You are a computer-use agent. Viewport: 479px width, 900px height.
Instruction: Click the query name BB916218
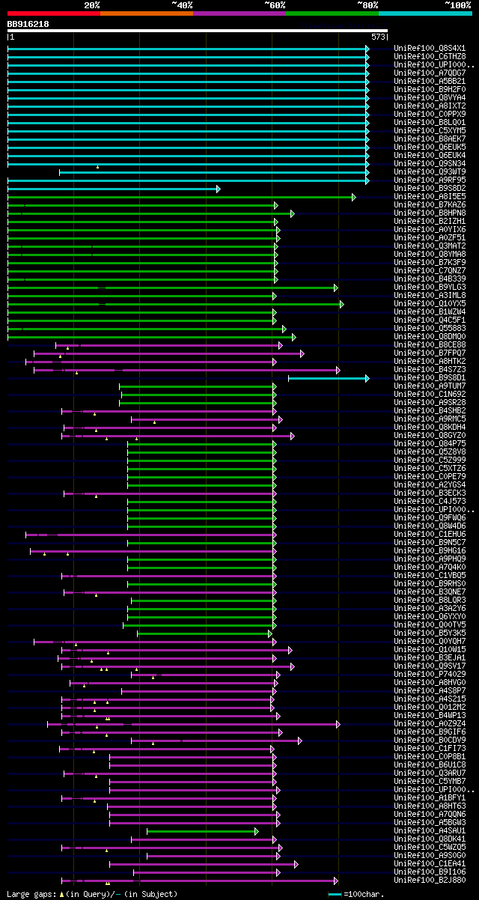tap(28, 24)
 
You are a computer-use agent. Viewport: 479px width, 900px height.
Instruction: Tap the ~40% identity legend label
tap(182, 5)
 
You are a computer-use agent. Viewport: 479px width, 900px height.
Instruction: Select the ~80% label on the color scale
tap(367, 5)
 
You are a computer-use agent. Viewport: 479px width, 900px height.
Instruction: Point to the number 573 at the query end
tap(378, 36)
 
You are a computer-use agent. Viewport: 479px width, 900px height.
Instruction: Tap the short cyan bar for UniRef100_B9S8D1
tap(327, 378)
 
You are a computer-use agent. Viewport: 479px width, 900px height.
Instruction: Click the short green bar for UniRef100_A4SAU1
tap(201, 831)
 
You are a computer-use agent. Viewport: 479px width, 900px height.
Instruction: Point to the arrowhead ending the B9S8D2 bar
tap(218, 189)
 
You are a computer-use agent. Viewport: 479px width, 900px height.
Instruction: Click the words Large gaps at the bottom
tap(31, 894)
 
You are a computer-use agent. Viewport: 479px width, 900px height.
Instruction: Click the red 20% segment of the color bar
tap(52, 13)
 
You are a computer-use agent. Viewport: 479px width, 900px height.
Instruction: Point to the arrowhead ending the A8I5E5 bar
tap(354, 197)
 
